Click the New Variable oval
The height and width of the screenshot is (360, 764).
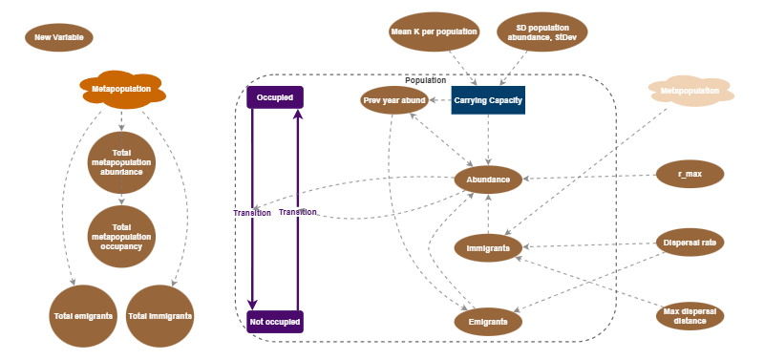tap(58, 38)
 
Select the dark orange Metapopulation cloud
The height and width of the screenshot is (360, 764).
tap(121, 89)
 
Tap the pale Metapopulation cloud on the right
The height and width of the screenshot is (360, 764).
tap(690, 92)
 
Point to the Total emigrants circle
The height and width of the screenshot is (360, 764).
tap(82, 315)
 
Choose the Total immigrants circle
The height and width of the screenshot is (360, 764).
tap(159, 315)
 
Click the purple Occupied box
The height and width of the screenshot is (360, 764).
tap(275, 97)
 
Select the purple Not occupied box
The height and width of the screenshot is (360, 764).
tap(275, 322)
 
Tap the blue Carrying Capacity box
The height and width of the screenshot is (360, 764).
tap(488, 100)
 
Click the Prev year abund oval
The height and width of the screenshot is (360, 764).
tap(394, 100)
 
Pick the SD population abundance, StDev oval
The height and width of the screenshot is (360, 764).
tap(541, 32)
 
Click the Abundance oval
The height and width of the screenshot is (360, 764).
tap(488, 179)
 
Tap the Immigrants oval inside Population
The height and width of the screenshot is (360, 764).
tap(488, 247)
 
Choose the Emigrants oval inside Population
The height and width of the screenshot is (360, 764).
tap(488, 322)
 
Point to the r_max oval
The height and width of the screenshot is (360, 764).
tap(690, 175)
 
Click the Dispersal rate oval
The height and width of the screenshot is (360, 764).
tap(690, 243)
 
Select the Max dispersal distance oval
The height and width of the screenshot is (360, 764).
tap(690, 315)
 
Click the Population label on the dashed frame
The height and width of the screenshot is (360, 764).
tap(425, 81)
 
